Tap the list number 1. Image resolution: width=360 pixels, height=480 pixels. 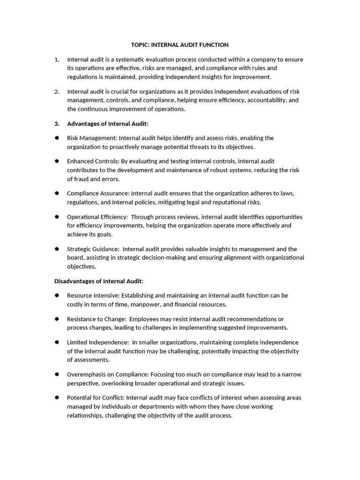(x=56, y=60)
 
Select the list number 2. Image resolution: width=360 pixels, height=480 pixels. (x=56, y=91)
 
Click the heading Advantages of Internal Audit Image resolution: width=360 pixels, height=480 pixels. (x=107, y=124)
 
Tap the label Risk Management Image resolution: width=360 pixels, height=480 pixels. (x=92, y=138)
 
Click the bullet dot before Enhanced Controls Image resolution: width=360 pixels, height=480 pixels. (x=57, y=161)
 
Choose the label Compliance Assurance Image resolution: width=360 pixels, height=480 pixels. (x=98, y=193)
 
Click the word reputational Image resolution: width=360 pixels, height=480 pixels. (x=222, y=202)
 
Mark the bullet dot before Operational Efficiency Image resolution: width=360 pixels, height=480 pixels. (x=57, y=217)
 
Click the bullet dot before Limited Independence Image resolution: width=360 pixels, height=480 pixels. (x=57, y=342)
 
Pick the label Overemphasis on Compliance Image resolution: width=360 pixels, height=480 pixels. (x=107, y=374)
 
